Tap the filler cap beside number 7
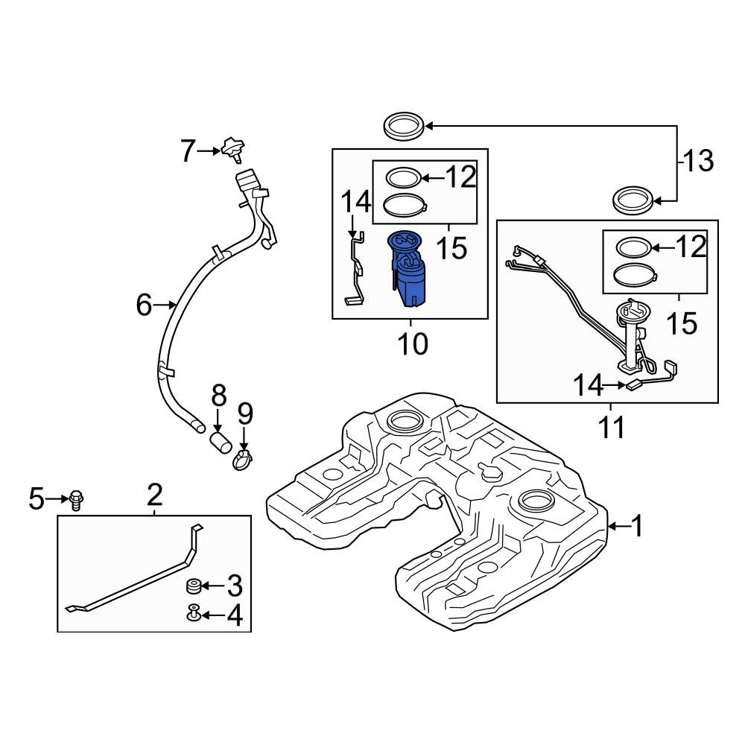tap(232, 149)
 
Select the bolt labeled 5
tap(76, 501)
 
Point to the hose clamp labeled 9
tap(242, 460)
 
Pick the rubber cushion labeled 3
tap(193, 586)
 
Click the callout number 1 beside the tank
tap(637, 525)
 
